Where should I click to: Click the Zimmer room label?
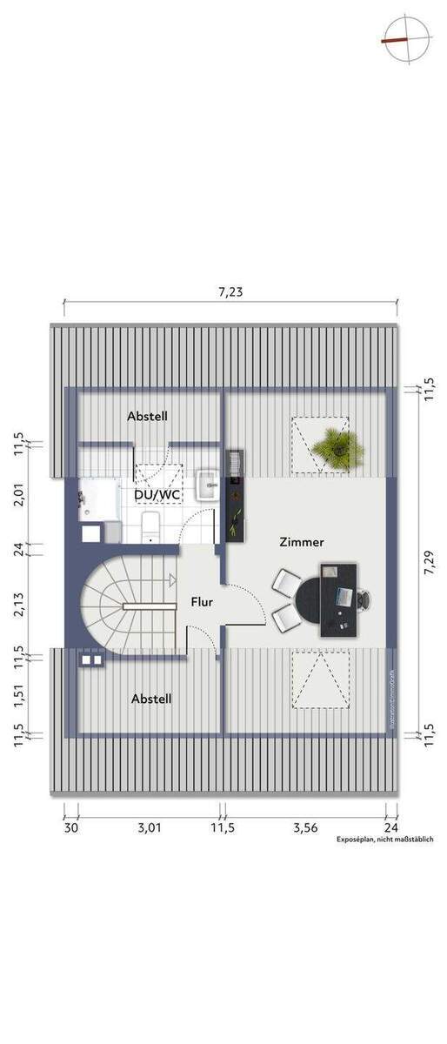click(x=302, y=541)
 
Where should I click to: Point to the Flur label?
click(x=202, y=600)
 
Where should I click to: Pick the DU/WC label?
click(x=157, y=494)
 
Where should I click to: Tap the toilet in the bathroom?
click(x=149, y=525)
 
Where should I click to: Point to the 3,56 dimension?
click(x=304, y=828)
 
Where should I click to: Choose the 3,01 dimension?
click(x=150, y=828)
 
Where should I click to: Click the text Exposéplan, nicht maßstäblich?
click(x=385, y=840)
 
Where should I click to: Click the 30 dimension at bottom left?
click(x=71, y=828)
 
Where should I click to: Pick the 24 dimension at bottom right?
click(x=391, y=828)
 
